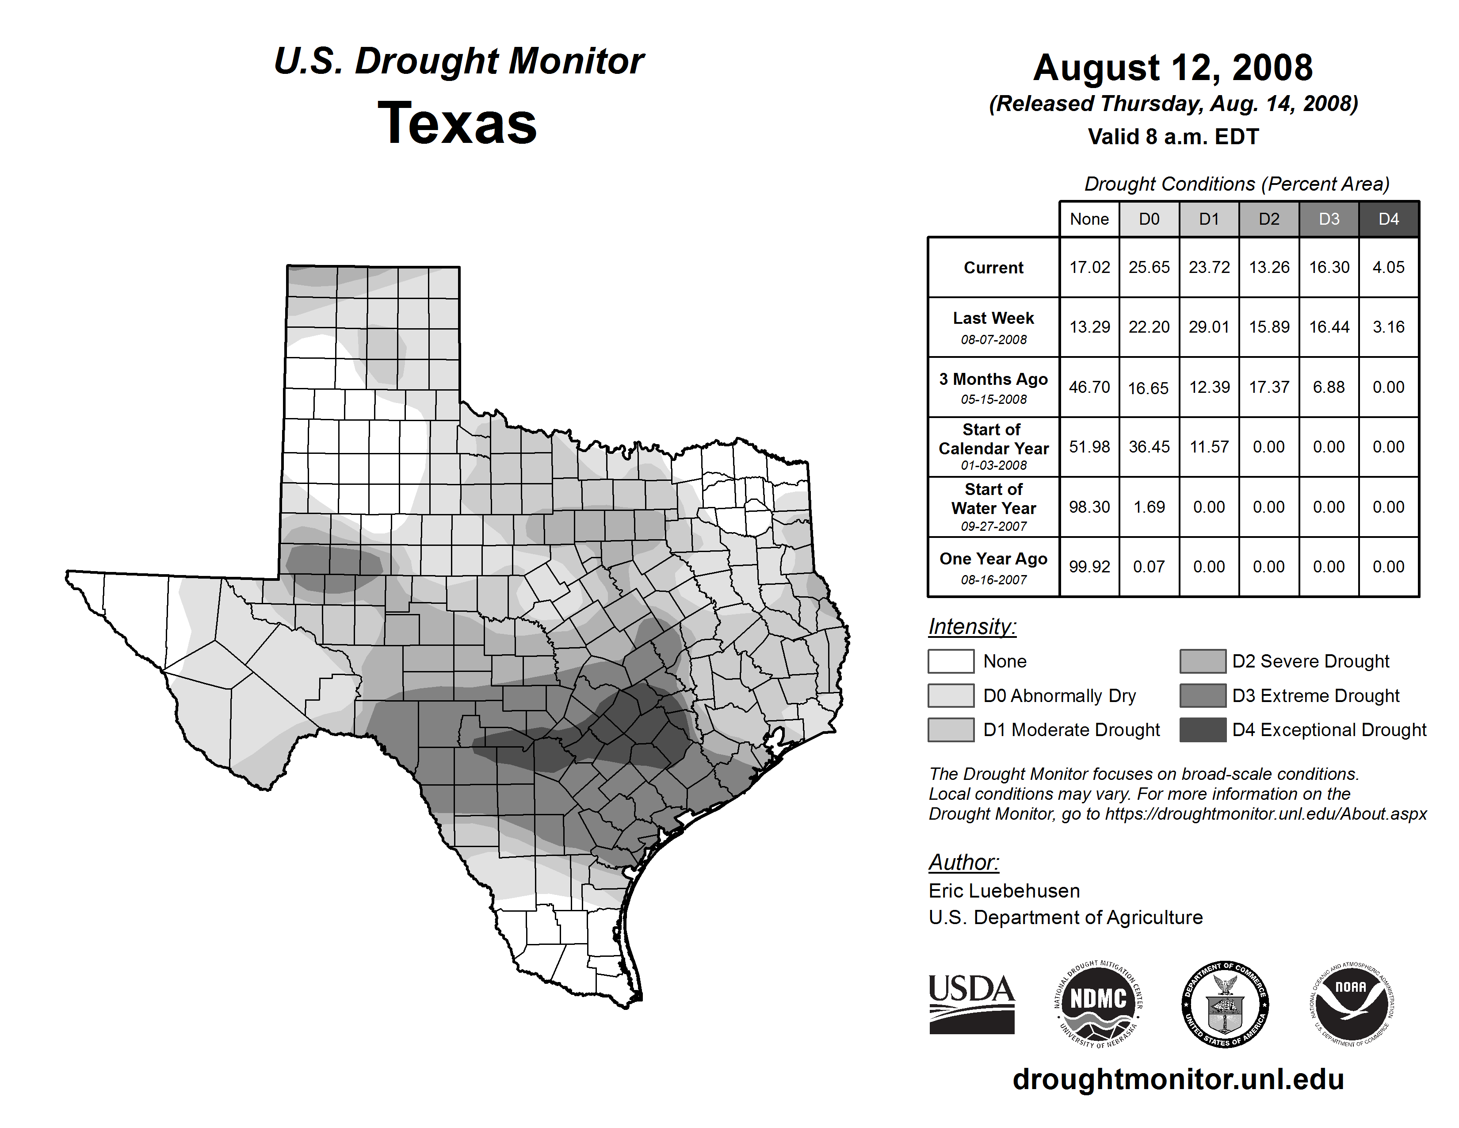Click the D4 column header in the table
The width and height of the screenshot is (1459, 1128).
point(1388,219)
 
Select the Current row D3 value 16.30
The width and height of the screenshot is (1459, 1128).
point(1329,267)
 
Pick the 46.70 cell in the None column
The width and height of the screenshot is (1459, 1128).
point(1089,387)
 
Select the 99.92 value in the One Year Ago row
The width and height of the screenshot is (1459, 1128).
point(1089,567)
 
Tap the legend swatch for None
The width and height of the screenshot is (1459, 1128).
point(951,661)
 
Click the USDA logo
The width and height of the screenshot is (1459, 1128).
point(971,1004)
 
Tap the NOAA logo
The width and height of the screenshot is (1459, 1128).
point(1351,1004)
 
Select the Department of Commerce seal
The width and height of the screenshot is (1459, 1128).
point(1225,1004)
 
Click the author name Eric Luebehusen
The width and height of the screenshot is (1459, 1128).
point(1004,891)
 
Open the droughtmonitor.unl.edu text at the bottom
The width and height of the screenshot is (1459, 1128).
point(1178,1079)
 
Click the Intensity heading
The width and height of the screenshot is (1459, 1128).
point(972,627)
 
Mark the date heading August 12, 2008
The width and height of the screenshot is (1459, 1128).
point(1173,68)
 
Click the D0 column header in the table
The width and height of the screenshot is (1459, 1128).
point(1149,219)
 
